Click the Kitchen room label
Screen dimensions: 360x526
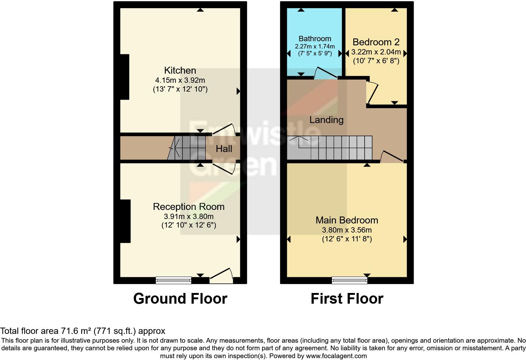180,70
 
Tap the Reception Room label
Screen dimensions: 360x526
188,207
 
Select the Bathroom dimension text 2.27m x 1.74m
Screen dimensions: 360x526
315,46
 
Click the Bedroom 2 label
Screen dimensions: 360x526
376,42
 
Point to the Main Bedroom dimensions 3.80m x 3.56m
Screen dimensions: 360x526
347,230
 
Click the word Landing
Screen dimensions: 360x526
326,120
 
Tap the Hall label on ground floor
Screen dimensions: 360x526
224,149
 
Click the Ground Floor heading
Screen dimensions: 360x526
180,299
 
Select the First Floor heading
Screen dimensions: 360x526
347,299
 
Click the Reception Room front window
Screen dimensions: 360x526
173,280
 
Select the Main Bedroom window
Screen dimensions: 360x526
349,280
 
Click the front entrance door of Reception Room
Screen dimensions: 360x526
221,275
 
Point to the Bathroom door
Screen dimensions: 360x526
326,74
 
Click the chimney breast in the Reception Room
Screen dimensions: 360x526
125,221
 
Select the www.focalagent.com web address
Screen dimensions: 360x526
336,356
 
